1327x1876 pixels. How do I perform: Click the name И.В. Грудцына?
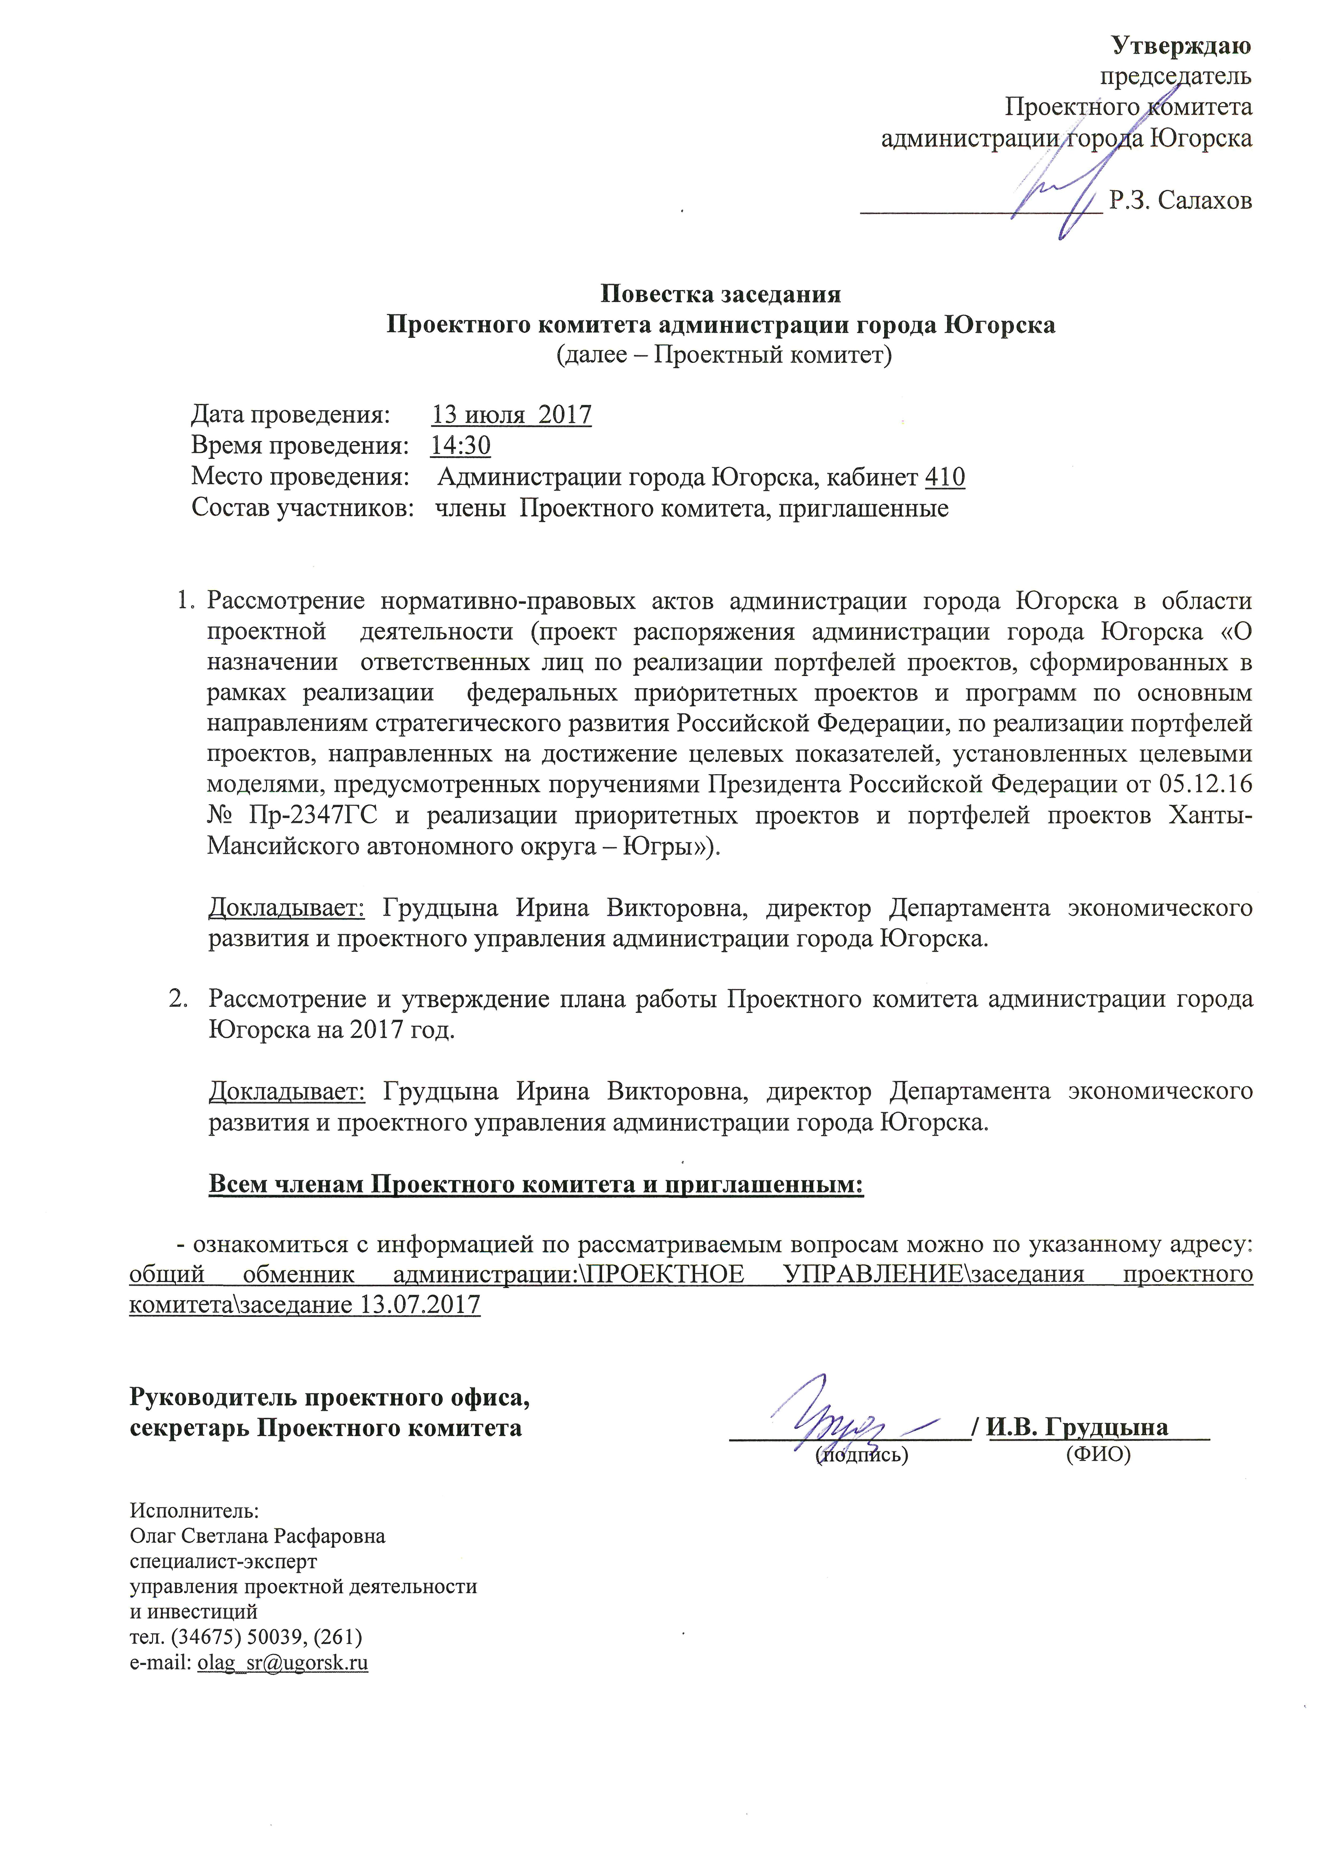pyautogui.click(x=1077, y=1427)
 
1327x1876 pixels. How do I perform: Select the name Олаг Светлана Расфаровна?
pyautogui.click(x=257, y=1535)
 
